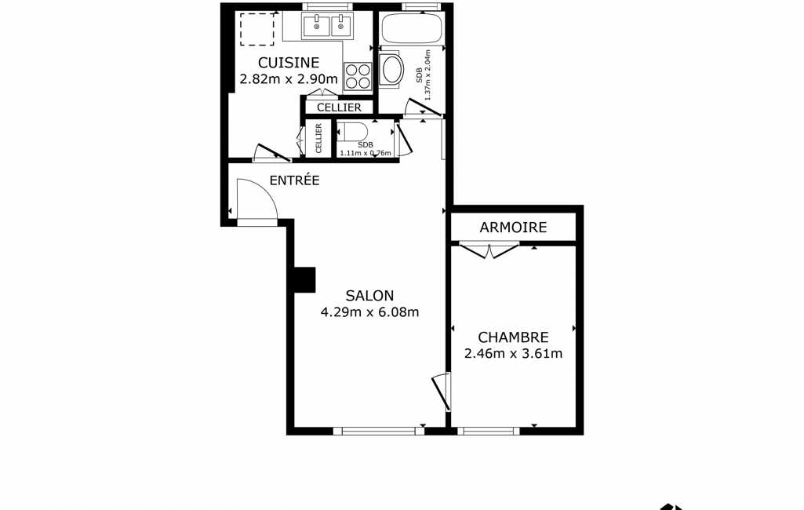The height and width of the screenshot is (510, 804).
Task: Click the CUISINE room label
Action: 288,63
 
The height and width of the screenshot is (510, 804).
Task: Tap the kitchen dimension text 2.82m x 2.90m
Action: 289,79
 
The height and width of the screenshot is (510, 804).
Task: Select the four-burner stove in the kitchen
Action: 358,76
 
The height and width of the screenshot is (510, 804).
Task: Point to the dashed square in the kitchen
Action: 257,30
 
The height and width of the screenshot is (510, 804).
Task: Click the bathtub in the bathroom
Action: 413,27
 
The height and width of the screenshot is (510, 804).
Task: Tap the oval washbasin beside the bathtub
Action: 393,71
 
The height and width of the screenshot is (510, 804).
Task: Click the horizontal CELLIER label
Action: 339,107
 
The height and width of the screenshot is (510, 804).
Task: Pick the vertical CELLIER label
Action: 318,138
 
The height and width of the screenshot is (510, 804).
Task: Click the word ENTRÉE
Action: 294,180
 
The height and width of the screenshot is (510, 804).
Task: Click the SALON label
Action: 369,296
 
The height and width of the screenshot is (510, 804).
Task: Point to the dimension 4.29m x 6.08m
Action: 369,312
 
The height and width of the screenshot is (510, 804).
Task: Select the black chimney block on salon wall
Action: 304,280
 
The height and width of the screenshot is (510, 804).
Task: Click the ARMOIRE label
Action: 513,228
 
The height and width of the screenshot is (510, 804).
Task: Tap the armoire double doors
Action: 489,250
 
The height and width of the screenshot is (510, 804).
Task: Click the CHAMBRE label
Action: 513,337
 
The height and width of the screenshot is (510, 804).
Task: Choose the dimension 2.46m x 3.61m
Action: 513,354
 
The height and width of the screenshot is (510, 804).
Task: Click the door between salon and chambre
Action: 442,392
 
